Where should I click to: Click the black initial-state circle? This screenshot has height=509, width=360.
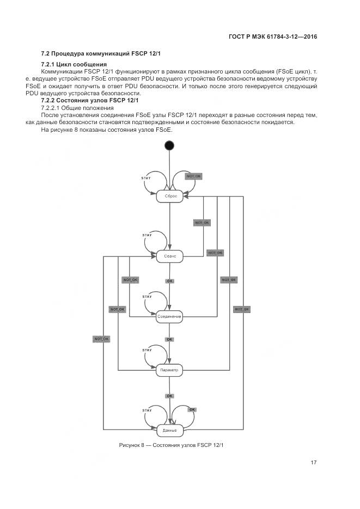[169, 145]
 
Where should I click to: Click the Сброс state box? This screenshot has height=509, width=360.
[169, 196]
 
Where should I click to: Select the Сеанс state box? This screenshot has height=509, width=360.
[169, 256]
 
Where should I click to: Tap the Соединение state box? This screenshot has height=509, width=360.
[169, 316]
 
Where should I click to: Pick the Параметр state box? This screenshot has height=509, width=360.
[169, 370]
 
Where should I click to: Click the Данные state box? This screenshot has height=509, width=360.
[169, 430]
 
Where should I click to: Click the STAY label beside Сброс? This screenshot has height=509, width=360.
[146, 179]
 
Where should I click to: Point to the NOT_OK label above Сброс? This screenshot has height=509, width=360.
[194, 176]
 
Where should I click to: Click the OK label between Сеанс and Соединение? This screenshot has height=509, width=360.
[169, 281]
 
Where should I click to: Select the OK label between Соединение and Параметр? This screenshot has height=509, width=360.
[169, 339]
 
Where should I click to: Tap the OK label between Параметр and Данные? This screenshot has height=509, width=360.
[169, 396]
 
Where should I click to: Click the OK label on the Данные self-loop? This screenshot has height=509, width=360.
[192, 409]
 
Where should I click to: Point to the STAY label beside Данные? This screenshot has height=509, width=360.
[147, 410]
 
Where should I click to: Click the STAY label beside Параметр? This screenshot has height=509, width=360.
[147, 350]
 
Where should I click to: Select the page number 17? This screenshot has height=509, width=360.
[314, 463]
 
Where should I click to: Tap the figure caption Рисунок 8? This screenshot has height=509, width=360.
[172, 445]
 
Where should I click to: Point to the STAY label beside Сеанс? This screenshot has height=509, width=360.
[147, 235]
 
